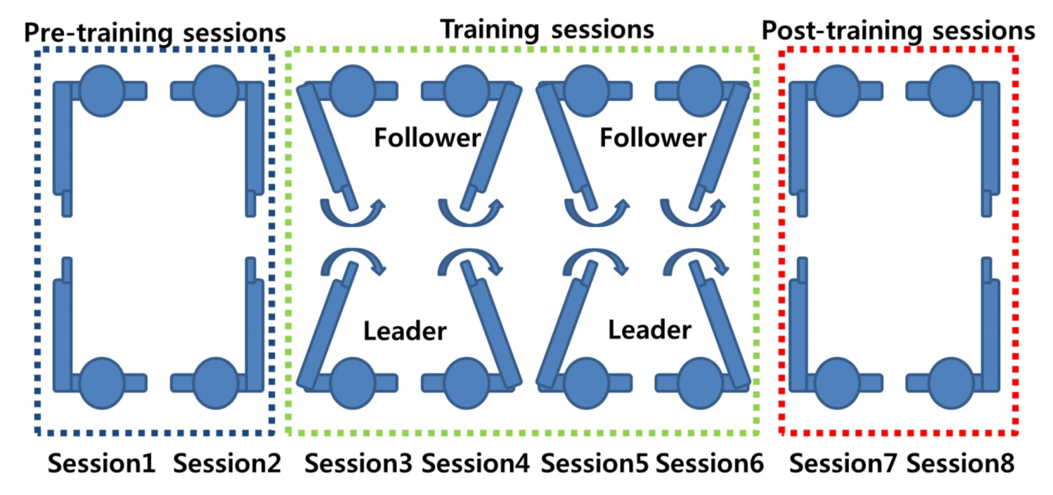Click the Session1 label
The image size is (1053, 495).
point(102,463)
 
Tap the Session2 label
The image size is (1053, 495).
point(227,463)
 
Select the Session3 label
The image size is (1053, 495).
point(358,463)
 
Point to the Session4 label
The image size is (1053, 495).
point(476,463)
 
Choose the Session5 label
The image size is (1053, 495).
point(594,463)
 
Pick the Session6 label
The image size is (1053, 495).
point(710,463)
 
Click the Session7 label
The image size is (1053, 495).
point(843,463)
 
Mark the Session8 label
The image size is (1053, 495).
point(961,463)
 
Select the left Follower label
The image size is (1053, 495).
point(427,138)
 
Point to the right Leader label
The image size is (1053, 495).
point(649,330)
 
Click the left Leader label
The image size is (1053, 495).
point(405,331)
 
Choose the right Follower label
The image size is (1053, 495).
point(653,138)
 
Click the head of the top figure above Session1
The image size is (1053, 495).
point(102,91)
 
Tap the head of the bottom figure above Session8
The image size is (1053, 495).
point(951,383)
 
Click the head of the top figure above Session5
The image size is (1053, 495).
point(586,91)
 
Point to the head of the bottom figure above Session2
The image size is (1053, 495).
point(215,383)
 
